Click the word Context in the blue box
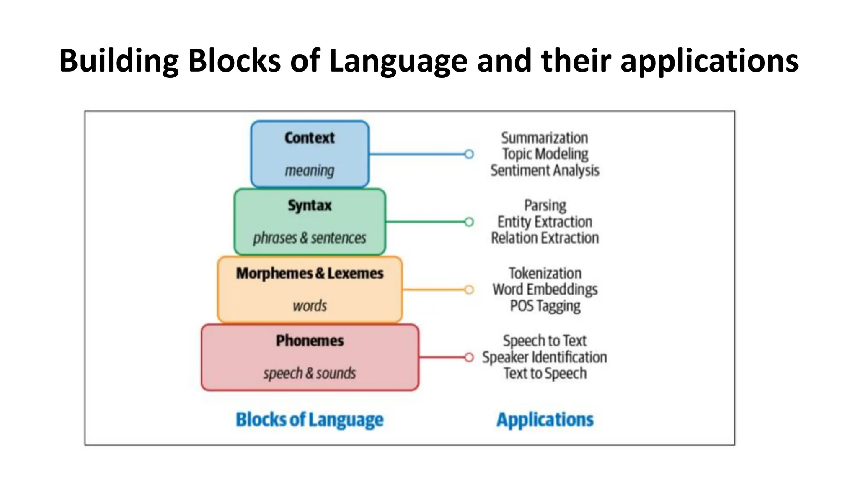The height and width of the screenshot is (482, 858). coord(310,138)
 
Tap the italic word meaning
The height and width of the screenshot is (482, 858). coord(310,171)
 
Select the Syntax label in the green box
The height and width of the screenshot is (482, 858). coord(310,205)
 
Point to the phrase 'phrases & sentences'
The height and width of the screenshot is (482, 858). coord(310,238)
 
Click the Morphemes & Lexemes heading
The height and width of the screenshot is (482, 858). coord(310,273)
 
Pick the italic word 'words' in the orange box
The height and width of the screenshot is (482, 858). coord(310,306)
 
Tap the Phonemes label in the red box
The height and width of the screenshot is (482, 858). coord(310,341)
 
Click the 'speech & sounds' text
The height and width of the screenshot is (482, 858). coord(310,373)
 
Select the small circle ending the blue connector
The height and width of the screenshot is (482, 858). coord(469,154)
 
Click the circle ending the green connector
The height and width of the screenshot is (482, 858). coord(469,222)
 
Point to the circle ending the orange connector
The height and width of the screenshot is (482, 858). coord(469,290)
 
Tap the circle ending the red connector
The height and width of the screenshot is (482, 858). coord(469,357)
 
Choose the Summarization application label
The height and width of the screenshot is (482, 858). coord(545,138)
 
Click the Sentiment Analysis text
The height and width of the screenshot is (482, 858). coord(545,170)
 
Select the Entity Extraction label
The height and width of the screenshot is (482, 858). coord(545,222)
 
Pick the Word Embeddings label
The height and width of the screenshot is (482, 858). coord(545,290)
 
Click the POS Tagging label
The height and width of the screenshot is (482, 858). coord(545,306)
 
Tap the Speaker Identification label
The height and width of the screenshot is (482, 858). coord(545,357)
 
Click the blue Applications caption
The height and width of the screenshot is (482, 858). coord(545,420)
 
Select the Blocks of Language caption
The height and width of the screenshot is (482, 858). coord(310,420)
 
